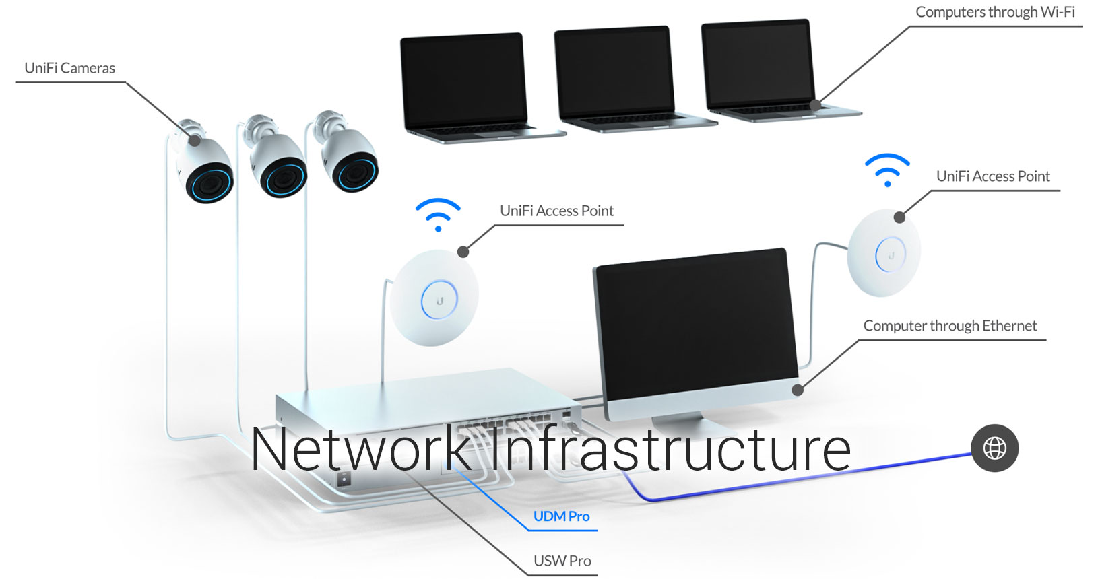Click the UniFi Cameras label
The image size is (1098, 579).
[69, 68]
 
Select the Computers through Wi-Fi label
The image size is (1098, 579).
[994, 12]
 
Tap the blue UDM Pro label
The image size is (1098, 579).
[561, 516]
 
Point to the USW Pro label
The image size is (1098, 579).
[562, 561]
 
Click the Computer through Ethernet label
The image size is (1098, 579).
[949, 326]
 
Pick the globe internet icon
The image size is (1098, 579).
[994, 448]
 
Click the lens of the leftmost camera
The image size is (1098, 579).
[209, 181]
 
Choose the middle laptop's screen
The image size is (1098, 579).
[613, 74]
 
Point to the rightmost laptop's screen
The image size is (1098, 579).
[757, 64]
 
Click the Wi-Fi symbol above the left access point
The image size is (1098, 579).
[438, 215]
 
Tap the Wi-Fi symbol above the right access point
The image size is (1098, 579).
[887, 170]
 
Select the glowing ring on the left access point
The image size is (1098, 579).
[439, 300]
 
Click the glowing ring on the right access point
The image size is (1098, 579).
[890, 254]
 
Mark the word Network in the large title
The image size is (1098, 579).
[361, 450]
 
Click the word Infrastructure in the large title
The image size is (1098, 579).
[670, 450]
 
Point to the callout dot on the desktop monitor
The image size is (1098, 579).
[798, 389]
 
